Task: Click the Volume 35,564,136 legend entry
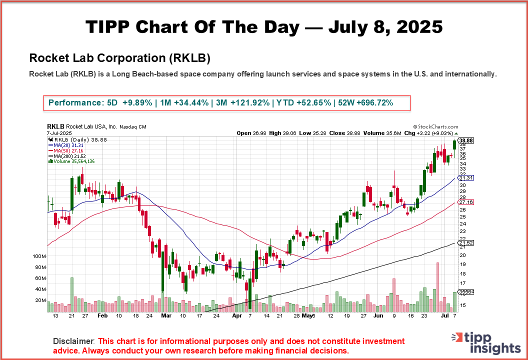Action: pos(72,161)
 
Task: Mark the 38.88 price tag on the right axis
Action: pos(466,141)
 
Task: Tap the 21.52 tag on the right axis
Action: pos(465,242)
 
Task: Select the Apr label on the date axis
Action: pos(237,316)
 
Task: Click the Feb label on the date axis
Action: pos(102,316)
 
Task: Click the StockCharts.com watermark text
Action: pos(435,127)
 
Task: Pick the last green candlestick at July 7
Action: pos(454,145)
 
